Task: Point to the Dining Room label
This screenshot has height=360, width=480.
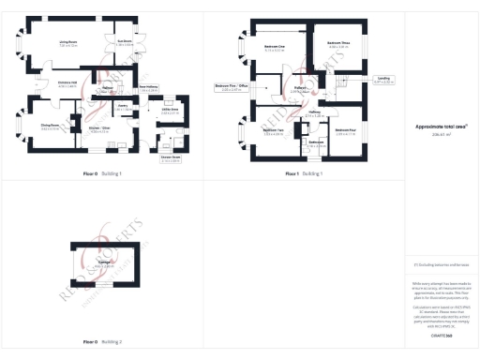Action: click(50, 127)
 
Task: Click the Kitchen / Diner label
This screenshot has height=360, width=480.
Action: click(101, 128)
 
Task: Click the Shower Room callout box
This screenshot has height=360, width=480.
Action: click(172, 159)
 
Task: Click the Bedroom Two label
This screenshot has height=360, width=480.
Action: click(274, 131)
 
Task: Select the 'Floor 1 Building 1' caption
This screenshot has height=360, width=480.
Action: click(304, 173)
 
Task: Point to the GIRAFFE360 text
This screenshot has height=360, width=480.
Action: click(440, 335)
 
